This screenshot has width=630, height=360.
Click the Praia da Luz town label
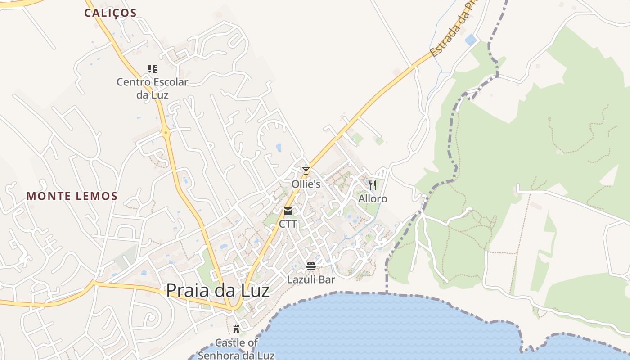tap(218, 290)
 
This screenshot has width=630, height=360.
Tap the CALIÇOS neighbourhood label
tap(110, 13)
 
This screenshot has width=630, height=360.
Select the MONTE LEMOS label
tap(72, 196)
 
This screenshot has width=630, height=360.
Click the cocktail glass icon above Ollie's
tap(306, 171)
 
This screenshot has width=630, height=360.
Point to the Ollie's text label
tap(306, 184)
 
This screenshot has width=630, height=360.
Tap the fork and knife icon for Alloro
tap(372, 185)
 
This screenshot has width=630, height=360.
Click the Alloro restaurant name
tap(373, 199)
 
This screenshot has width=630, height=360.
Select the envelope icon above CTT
tap(288, 211)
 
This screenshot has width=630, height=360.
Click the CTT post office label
tap(288, 224)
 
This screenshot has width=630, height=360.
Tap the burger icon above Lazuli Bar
tap(311, 266)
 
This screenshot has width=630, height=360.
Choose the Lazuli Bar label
tap(311, 279)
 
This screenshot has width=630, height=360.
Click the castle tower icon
tap(236, 329)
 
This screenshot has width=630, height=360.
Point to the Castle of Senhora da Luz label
tap(236, 349)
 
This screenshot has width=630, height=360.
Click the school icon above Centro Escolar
tap(153, 69)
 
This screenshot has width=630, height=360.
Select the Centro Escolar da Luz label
tap(152, 88)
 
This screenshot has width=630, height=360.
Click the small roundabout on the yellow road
tap(166, 132)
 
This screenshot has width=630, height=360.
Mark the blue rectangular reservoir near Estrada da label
tap(471, 40)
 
